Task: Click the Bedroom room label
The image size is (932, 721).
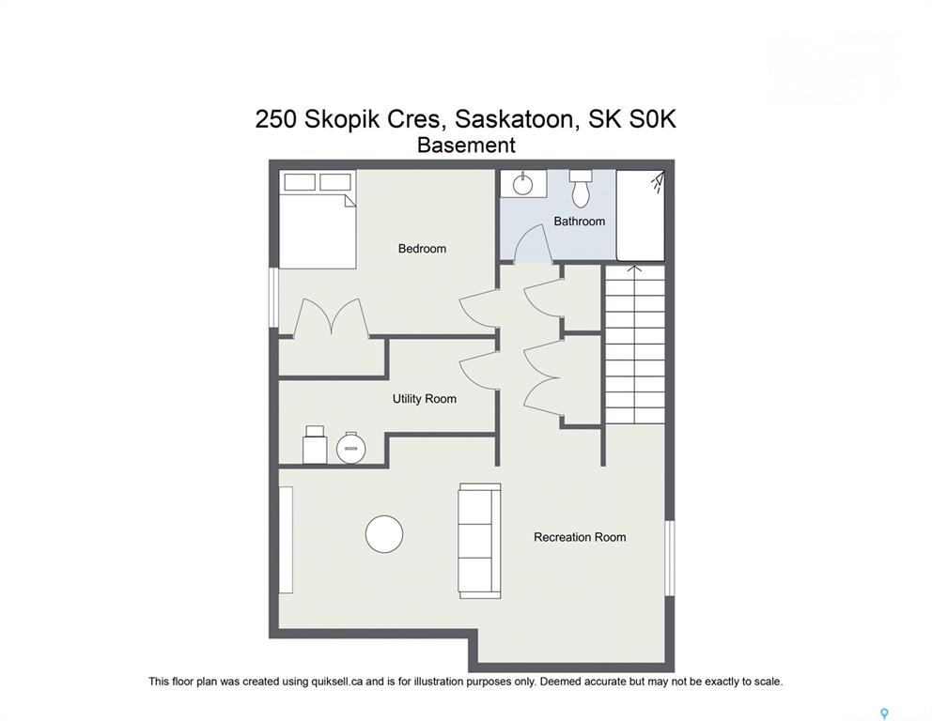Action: coord(422,248)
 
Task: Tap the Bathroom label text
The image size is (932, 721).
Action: coord(579,221)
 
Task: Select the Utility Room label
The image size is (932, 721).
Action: coord(425,398)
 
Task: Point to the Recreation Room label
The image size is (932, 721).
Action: coord(580,537)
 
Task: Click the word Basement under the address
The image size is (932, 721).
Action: coord(466,145)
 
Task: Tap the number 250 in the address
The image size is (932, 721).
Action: coord(276,119)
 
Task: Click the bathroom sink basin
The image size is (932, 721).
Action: coord(523,185)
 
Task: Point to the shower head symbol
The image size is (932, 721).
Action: coord(658,181)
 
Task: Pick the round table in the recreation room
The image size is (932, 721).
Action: coord(384,534)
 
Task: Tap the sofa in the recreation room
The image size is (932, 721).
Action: coord(479,541)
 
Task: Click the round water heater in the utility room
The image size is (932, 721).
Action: coord(350,448)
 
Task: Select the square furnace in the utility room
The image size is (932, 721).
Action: coord(315,445)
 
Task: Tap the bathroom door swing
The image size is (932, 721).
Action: coord(532,243)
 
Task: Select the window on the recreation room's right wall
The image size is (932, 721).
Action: coord(669,559)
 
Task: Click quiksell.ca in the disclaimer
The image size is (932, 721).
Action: coord(337,682)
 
